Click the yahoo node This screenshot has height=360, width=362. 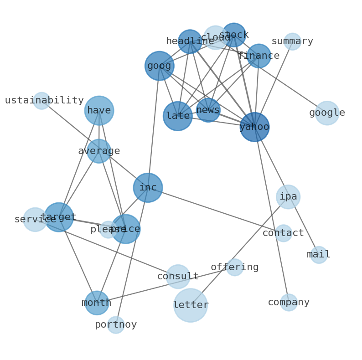click(254, 127)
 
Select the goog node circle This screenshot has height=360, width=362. click(159, 66)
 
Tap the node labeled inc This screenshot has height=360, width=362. click(148, 188)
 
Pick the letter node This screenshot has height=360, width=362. click(191, 305)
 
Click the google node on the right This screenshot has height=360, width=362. click(327, 113)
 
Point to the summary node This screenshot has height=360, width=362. click(292, 41)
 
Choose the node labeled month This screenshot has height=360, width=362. click(97, 303)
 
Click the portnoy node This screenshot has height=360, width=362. click(116, 325)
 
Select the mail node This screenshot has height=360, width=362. click(319, 255)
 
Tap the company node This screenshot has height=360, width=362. click(289, 303)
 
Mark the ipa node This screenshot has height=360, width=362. click(288, 197)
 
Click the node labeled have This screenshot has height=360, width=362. click(99, 110)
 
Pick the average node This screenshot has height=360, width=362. click(99, 151)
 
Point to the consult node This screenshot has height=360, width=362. click(178, 277)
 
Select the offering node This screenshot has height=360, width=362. click(235, 267)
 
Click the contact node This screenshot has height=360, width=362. click(283, 233)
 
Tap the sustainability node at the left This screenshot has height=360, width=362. click(41, 101)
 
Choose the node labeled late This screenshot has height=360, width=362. click(178, 116)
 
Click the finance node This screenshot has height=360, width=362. click(259, 56)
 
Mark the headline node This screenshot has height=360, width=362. click(190, 41)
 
